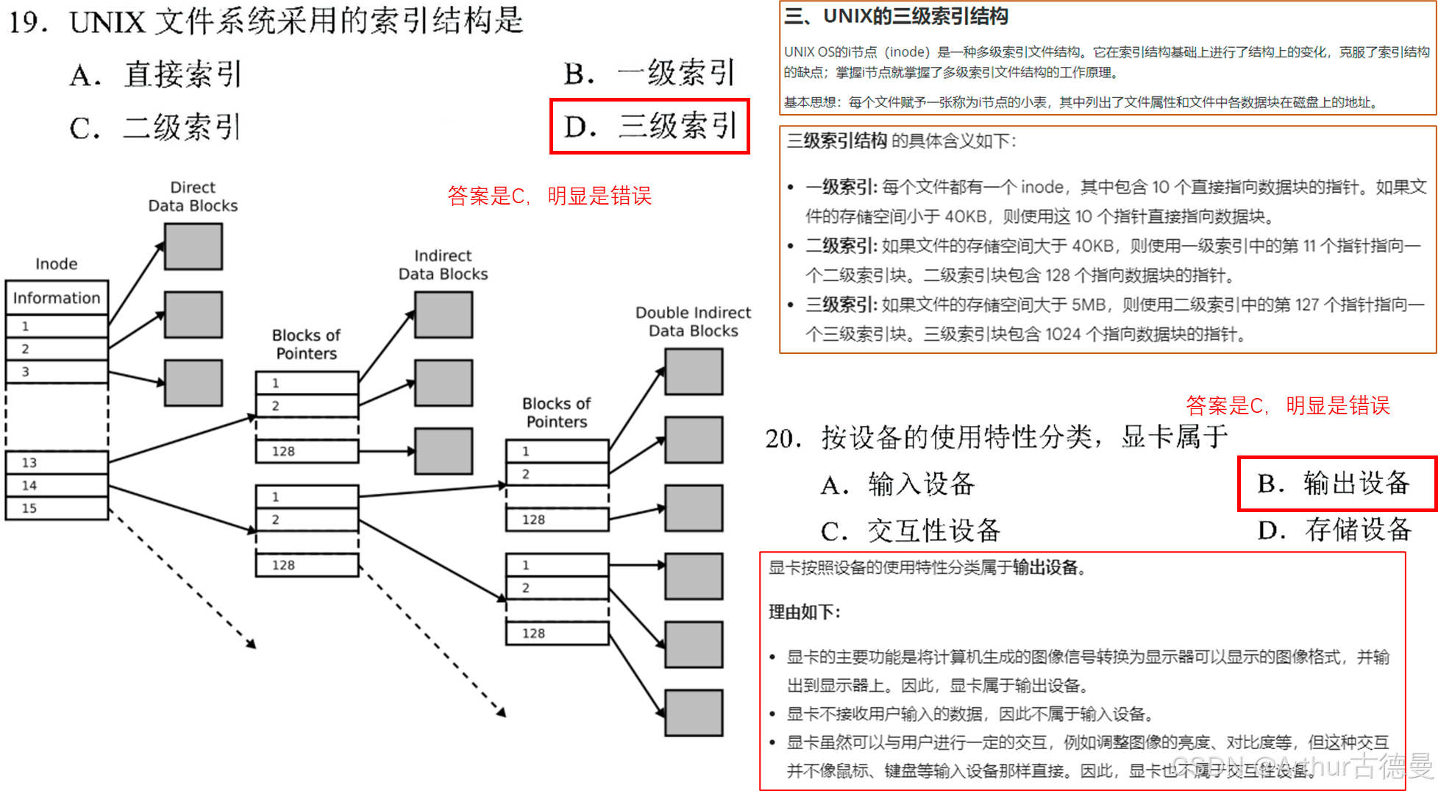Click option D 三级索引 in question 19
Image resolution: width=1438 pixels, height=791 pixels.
click(650, 126)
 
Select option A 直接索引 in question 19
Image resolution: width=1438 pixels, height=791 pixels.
click(156, 74)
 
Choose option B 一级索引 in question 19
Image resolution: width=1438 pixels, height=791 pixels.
click(649, 73)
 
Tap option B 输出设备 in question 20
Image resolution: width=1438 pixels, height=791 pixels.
click(1334, 483)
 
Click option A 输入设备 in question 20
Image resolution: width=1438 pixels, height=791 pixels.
click(898, 484)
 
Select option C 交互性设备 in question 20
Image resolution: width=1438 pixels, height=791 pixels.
click(911, 530)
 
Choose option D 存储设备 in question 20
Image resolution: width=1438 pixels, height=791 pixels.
click(1335, 529)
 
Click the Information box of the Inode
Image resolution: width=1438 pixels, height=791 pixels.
click(57, 298)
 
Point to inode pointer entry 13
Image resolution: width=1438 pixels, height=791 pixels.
click(57, 463)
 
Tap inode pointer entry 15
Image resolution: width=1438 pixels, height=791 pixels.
click(57, 508)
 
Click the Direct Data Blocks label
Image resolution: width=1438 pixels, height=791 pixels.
click(193, 196)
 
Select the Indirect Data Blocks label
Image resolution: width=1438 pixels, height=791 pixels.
click(443, 265)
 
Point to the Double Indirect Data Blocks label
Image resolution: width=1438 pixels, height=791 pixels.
click(693, 322)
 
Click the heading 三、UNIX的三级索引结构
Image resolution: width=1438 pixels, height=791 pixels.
click(896, 16)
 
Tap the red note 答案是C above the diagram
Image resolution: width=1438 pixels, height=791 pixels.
click(549, 196)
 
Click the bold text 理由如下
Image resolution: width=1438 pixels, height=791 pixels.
click(804, 612)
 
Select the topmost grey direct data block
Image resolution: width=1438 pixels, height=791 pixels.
click(193, 246)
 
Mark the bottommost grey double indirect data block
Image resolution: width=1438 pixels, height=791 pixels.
click(694, 712)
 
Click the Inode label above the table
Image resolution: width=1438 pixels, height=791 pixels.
click(56, 263)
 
